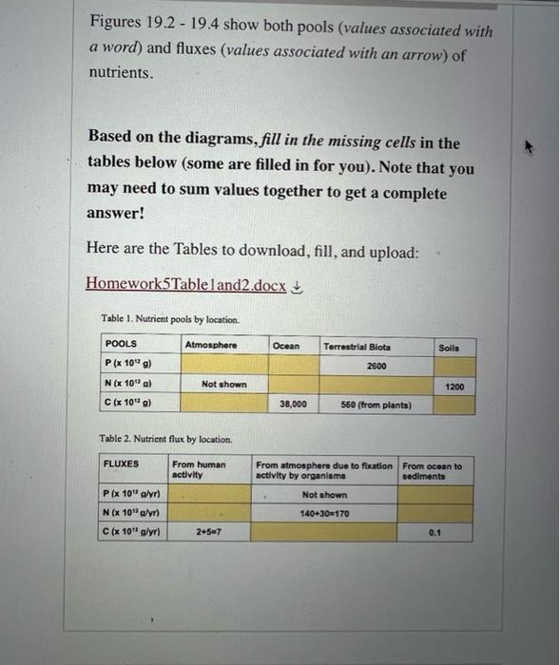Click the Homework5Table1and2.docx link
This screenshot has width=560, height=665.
[x=185, y=284]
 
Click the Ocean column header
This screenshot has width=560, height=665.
[x=285, y=347]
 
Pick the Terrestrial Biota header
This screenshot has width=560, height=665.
[x=357, y=347]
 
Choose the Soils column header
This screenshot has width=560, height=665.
[x=450, y=348]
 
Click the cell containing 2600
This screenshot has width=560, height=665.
[x=376, y=366]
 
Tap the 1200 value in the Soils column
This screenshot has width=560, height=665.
[x=454, y=387]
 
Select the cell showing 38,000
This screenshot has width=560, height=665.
[x=292, y=404]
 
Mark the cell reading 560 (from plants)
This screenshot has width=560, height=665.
[x=377, y=405]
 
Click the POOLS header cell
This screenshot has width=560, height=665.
[x=122, y=344]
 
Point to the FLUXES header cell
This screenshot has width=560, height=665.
[x=121, y=465]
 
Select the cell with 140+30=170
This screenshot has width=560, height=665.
[x=324, y=513]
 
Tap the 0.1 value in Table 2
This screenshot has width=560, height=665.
[x=434, y=533]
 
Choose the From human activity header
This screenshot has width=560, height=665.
[x=199, y=469]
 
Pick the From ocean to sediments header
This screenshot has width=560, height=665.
[x=432, y=471]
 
